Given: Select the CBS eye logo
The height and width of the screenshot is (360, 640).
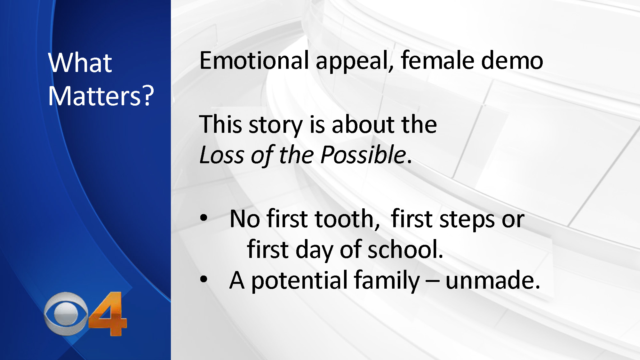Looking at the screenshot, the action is (66, 314).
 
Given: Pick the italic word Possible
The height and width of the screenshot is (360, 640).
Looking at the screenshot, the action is (363, 155).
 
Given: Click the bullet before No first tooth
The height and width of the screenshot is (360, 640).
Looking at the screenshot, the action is (204, 218).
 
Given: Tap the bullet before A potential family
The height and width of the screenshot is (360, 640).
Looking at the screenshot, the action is (204, 279).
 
